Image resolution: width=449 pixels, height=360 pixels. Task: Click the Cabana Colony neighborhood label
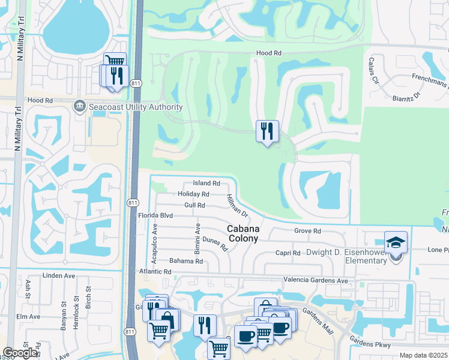pos(243,233)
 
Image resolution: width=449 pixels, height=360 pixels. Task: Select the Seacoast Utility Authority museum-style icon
pos(79,107)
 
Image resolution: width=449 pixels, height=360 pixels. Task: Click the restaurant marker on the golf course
pos(267,131)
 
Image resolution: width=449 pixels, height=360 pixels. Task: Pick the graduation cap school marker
pos(396,242)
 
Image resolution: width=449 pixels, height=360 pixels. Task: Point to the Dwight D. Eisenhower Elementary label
pos(346,257)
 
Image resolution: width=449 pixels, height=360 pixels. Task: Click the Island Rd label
pos(206,183)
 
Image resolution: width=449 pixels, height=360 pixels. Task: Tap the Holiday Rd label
pos(193,194)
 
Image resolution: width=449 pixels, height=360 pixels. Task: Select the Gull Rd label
pos(195,205)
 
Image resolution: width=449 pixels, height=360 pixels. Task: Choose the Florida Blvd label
pos(155,215)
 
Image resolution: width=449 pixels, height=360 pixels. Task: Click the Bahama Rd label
pos(186,262)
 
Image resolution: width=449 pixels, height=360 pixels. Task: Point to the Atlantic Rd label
pos(155,272)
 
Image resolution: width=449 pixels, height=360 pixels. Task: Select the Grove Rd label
pos(307,231)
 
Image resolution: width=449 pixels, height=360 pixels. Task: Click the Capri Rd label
pos(288,253)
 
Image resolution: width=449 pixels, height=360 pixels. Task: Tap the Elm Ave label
pos(28,316)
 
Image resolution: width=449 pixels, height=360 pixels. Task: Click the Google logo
pos(20,352)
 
